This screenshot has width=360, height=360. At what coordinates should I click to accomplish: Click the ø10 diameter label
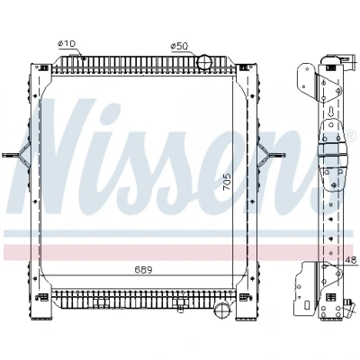(x=67, y=44)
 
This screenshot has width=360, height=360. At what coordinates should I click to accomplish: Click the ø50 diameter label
(x=179, y=46)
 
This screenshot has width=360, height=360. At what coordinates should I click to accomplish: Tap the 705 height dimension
(x=227, y=182)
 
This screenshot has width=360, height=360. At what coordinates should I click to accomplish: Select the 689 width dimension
(x=143, y=270)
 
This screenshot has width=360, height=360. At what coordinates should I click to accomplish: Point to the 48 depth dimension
(x=350, y=260)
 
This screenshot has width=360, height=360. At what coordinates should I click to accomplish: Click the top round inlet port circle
(x=204, y=62)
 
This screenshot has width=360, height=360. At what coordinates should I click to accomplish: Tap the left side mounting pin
(x=12, y=155)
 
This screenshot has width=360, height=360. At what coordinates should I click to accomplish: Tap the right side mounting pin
(x=276, y=155)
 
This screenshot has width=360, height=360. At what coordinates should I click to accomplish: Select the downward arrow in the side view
(x=331, y=112)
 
